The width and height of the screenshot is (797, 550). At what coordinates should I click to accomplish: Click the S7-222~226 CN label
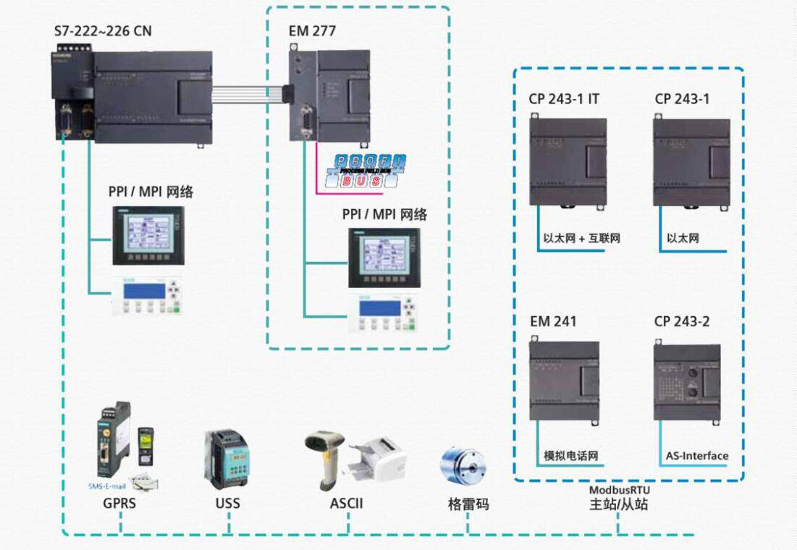103,31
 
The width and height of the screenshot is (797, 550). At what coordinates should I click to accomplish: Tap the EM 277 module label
311,31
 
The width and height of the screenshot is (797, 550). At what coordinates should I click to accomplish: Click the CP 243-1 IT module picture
568,161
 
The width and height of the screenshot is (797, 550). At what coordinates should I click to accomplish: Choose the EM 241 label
553,321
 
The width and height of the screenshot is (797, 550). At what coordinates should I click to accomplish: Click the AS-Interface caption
696,456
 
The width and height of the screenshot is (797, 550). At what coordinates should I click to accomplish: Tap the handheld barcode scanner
325,456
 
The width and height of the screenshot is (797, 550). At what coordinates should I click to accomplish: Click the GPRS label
119,502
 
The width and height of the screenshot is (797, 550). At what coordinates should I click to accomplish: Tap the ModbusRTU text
619,490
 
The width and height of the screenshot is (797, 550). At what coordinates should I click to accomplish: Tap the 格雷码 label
468,504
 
